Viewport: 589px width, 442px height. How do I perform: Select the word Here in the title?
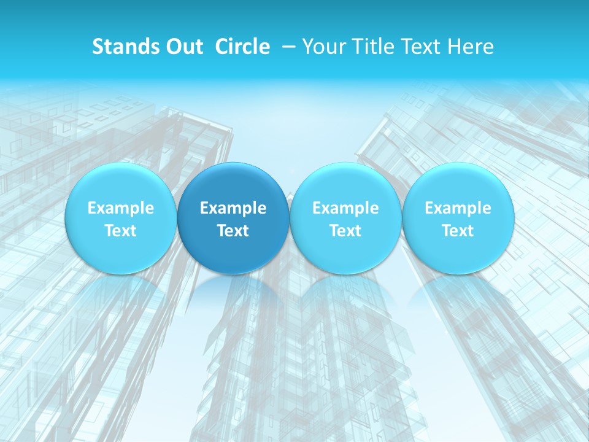[x=471, y=47]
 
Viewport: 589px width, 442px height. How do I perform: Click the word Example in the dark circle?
[x=233, y=208]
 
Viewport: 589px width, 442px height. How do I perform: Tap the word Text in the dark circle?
[x=233, y=231]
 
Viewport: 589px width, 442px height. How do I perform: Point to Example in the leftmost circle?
[x=120, y=208]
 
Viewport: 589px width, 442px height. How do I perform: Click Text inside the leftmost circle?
[x=120, y=231]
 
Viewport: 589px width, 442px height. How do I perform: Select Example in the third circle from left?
[x=345, y=208]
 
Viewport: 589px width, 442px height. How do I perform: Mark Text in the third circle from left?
[x=345, y=231]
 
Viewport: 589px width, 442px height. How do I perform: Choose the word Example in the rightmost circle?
[x=458, y=208]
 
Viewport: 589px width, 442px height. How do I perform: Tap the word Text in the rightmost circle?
[x=458, y=231]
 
